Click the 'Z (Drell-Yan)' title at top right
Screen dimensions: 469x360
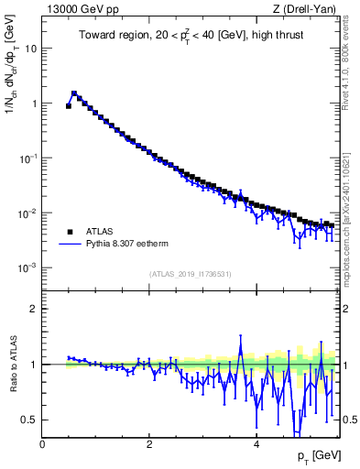click(x=306, y=9)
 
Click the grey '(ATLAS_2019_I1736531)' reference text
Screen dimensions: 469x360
click(x=191, y=275)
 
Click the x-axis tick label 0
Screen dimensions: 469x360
click(x=43, y=444)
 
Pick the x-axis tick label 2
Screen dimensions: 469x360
click(x=149, y=444)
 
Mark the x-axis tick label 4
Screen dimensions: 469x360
click(x=256, y=444)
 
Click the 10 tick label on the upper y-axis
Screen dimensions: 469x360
click(x=30, y=49)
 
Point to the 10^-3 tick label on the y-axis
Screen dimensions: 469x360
click(x=27, y=268)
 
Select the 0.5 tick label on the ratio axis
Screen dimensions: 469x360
click(x=29, y=420)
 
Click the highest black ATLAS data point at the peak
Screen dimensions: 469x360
click(x=74, y=93)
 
